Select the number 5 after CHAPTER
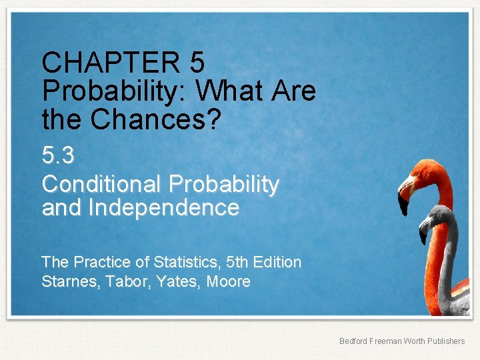(197, 63)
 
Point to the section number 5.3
(58, 156)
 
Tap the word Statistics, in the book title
(197, 262)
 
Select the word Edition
(279, 262)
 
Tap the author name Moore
(229, 281)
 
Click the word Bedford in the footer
(353, 341)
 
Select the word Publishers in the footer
(445, 341)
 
